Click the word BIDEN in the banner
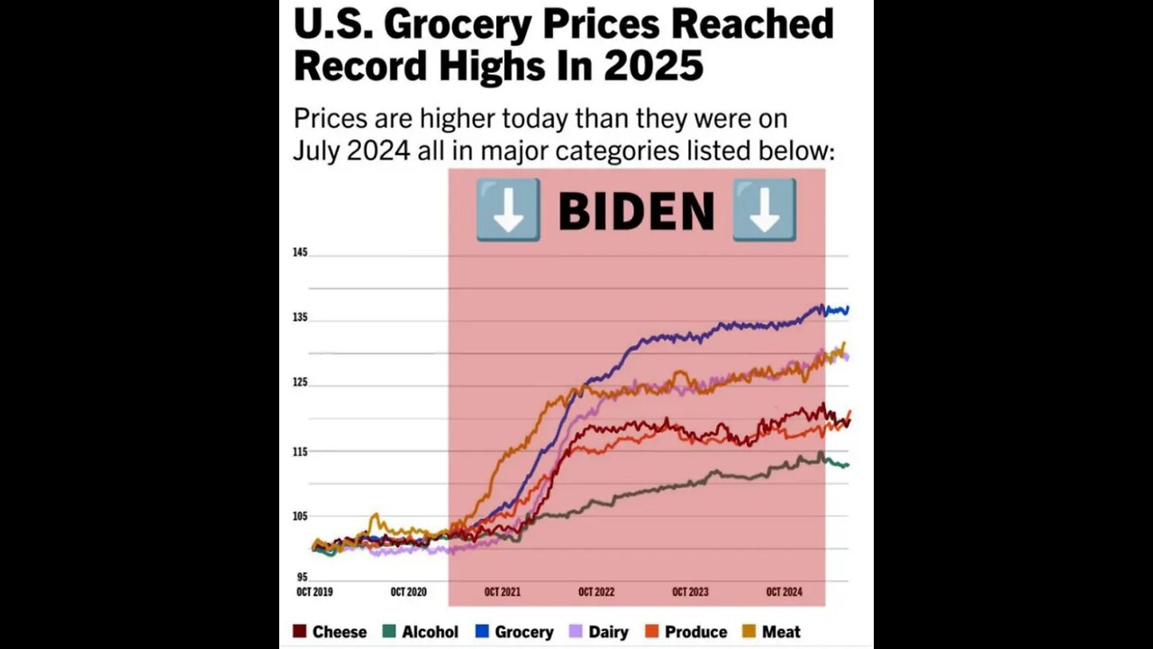(x=636, y=211)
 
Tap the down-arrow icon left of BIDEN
(x=508, y=209)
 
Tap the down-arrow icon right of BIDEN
(x=764, y=209)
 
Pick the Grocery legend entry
(x=515, y=632)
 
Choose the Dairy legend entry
(x=601, y=632)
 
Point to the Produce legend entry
(x=686, y=632)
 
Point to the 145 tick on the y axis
(x=300, y=252)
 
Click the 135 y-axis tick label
(x=300, y=317)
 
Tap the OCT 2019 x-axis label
(x=314, y=592)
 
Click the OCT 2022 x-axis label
(x=596, y=592)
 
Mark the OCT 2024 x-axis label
(x=784, y=592)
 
